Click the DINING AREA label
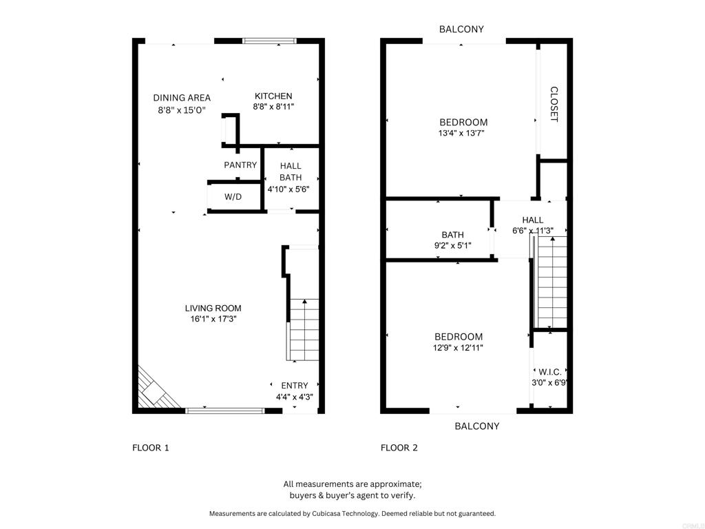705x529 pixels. [182, 98]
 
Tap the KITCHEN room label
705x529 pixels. [273, 96]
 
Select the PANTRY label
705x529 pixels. [240, 165]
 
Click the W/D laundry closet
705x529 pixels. [233, 197]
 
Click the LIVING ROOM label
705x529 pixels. [213, 308]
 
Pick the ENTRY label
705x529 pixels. [295, 386]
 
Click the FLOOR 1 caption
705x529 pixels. [151, 448]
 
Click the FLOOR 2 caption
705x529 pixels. [399, 448]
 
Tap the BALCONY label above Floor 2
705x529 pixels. [461, 30]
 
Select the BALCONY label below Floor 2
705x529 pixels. [477, 426]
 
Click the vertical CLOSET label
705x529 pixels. [554, 104]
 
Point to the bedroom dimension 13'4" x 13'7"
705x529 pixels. [461, 134]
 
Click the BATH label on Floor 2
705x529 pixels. [452, 235]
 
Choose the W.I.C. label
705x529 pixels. [550, 372]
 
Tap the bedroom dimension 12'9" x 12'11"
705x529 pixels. [459, 348]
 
